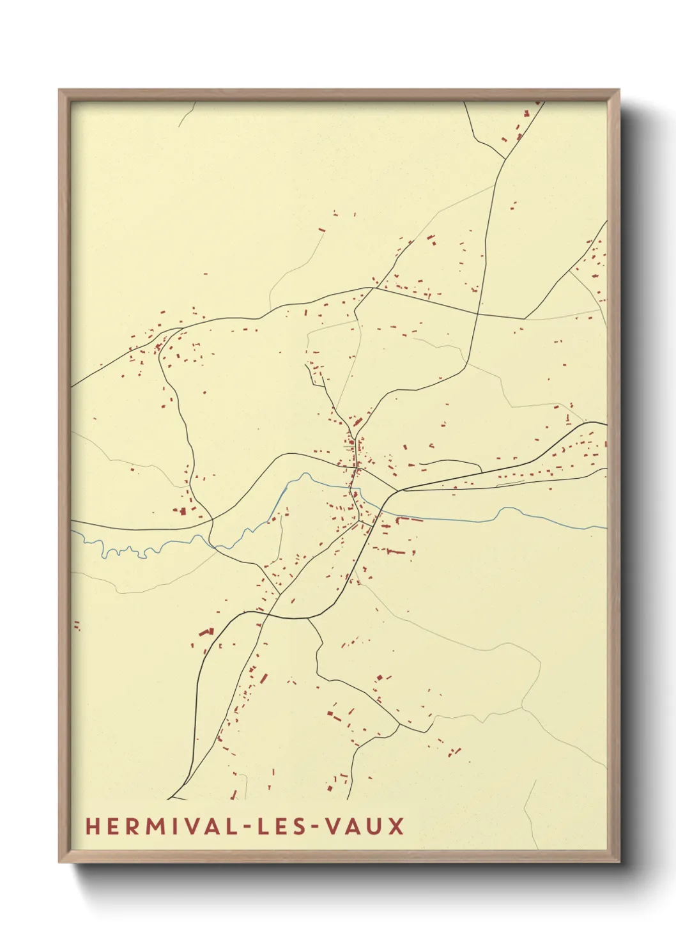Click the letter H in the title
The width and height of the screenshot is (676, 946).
click(x=92, y=826)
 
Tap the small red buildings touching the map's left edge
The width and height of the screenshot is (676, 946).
click(x=77, y=625)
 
